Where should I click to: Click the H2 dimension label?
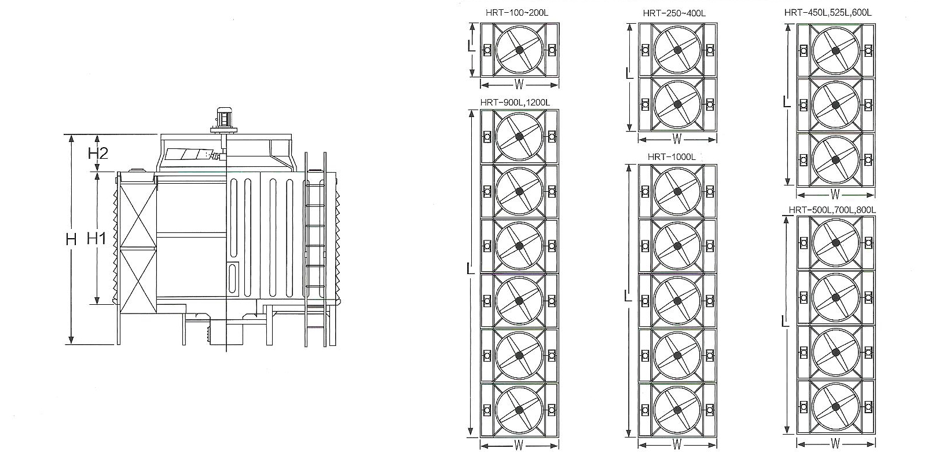(x=98, y=153)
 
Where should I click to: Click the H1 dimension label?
(x=96, y=238)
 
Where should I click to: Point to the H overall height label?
(x=71, y=239)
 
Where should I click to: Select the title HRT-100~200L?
(x=515, y=13)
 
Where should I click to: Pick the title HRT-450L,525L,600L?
(x=827, y=12)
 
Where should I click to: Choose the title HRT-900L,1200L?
(x=515, y=103)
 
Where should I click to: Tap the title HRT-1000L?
(x=672, y=156)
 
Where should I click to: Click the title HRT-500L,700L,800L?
(x=832, y=209)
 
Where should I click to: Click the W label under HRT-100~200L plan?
(x=519, y=85)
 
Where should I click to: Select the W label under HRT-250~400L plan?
(x=677, y=139)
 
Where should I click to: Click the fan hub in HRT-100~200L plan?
(x=519, y=50)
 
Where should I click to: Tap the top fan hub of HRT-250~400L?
(x=677, y=50)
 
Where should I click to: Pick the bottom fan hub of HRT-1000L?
(x=677, y=410)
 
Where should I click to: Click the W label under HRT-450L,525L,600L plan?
(x=835, y=194)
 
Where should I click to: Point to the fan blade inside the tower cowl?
(x=189, y=155)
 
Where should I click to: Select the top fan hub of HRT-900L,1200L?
(x=519, y=136)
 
